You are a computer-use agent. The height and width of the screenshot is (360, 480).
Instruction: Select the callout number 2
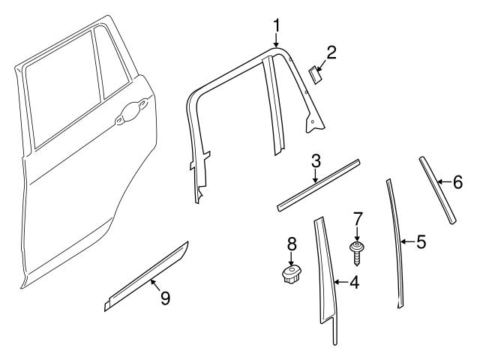point(331,52)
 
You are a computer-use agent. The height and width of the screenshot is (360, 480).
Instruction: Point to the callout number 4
point(355,283)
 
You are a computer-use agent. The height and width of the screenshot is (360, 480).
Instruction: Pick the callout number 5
point(421,241)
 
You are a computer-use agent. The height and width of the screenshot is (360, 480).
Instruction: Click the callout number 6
point(457,181)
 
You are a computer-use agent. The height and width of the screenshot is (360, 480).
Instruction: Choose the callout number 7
point(358,219)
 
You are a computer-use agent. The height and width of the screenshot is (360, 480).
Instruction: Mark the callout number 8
point(292,244)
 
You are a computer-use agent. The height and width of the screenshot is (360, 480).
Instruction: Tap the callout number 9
point(164,298)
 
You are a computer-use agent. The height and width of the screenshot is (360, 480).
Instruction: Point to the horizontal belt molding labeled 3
point(319,185)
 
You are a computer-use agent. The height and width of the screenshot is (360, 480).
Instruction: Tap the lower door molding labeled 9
point(146,276)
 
